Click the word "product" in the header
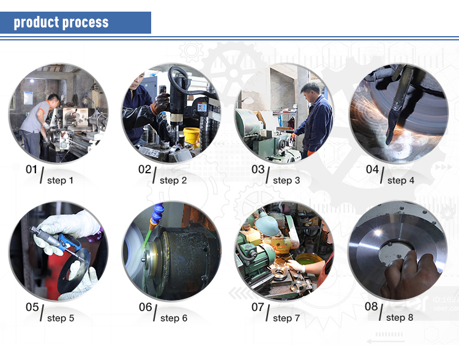tap(36, 23)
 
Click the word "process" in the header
tap(85, 23)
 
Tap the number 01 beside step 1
tap(31, 170)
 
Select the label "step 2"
tap(173, 181)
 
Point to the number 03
tap(258, 170)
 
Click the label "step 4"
tap(401, 181)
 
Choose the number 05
tap(32, 307)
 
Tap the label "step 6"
tap(174, 318)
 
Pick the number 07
tap(258, 307)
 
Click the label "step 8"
tap(400, 318)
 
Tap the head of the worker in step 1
tap(54, 100)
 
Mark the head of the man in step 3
tap(310, 91)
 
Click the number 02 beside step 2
tap(144, 170)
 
